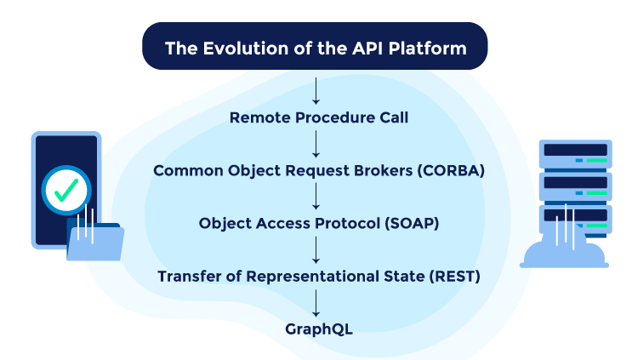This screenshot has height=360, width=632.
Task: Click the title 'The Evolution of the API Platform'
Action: coord(316,48)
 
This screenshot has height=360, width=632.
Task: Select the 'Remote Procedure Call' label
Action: coord(319,117)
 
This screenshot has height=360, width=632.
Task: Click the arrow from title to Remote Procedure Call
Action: coord(316,89)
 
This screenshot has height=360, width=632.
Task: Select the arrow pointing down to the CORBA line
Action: coord(316,143)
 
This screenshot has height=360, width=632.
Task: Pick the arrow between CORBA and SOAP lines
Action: coord(316,196)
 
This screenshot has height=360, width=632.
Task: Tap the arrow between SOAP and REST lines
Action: coord(316,249)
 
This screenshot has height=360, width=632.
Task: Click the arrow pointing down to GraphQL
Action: coord(316,301)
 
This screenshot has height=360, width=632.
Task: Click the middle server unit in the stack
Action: coord(576,184)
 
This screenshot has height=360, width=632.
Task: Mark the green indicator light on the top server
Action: coord(596,160)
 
